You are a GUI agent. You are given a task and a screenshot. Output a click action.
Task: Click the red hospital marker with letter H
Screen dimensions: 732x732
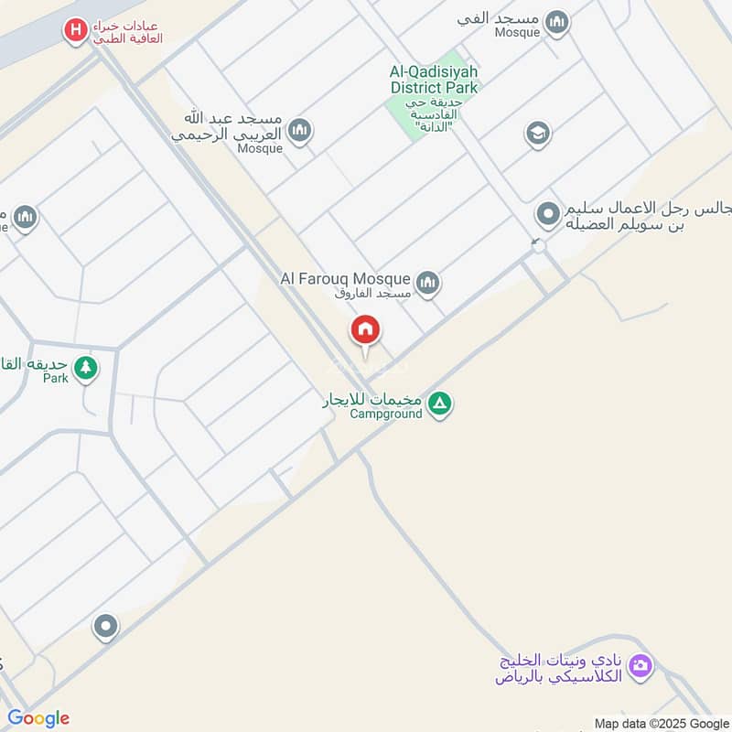[x=76, y=31]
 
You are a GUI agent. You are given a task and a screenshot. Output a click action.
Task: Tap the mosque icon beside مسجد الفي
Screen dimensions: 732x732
[x=555, y=22]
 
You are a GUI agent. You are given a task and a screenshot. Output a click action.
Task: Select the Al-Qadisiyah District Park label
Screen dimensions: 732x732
[x=434, y=79]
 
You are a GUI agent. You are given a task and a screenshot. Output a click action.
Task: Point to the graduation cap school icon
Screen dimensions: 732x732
[x=538, y=135]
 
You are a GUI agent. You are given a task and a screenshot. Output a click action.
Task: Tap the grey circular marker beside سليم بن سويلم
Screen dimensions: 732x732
[x=548, y=214]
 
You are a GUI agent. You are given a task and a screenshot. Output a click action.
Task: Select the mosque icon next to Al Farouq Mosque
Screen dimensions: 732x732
[x=426, y=283]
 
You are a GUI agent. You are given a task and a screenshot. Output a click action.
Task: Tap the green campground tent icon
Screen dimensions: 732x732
[x=440, y=403]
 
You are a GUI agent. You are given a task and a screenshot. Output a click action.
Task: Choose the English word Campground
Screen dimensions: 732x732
[x=386, y=414]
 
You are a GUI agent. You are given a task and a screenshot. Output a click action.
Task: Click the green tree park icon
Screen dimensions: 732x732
[x=86, y=368]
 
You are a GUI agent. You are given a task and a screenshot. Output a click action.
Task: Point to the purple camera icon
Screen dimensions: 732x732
[x=641, y=664]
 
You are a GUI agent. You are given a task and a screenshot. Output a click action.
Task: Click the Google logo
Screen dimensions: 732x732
[x=38, y=718]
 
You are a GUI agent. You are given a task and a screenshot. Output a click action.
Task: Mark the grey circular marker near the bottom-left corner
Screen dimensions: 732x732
[x=106, y=627]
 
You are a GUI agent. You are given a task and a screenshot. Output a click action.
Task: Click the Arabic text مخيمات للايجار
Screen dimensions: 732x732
[x=371, y=400]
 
